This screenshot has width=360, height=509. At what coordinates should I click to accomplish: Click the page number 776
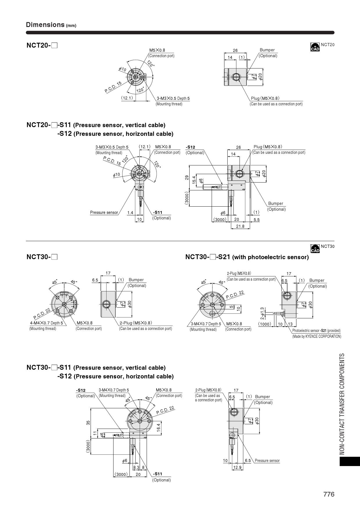click(x=329, y=494)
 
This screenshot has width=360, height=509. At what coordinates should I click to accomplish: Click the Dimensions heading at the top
click(x=45, y=25)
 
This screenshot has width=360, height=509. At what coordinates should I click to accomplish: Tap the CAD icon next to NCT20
click(x=315, y=47)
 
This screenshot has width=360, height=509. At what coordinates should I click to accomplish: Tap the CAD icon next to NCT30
click(x=315, y=249)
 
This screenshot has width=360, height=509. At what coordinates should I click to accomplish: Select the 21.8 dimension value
click(x=240, y=226)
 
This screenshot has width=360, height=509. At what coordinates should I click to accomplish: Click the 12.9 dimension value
click(x=237, y=467)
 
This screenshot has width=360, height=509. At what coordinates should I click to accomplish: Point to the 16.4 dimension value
click(x=158, y=427)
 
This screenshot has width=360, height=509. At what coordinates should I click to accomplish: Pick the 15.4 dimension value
click(x=194, y=180)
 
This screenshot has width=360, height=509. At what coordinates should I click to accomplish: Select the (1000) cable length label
click(x=265, y=324)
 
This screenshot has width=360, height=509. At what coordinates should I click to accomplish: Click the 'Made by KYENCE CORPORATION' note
click(x=317, y=336)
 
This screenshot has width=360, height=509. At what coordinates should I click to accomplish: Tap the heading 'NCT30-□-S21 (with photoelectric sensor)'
click(x=247, y=257)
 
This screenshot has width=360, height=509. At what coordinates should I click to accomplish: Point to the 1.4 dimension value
click(x=130, y=213)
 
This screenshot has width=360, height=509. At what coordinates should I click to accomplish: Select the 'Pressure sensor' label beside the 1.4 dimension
click(x=104, y=212)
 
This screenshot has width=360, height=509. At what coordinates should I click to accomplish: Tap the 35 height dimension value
click(x=88, y=423)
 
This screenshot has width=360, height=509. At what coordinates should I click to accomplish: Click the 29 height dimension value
click(x=187, y=178)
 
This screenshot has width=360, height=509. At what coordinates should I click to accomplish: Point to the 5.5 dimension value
click(x=257, y=220)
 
